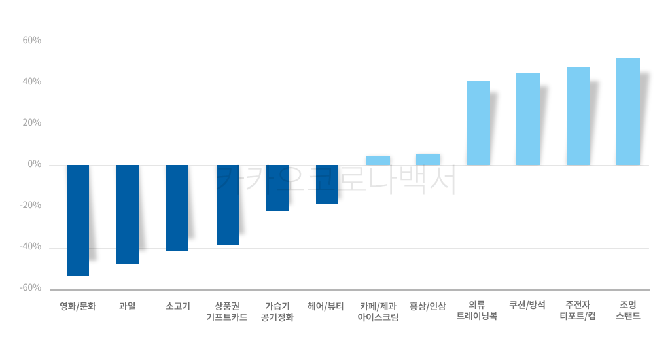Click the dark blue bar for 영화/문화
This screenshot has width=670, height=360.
[x=78, y=220]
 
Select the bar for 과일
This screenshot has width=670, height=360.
[x=128, y=214]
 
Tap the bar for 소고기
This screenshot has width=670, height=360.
[x=177, y=207]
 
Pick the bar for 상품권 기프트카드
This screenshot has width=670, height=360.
[x=228, y=205]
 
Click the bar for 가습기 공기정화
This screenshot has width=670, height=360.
[x=277, y=187]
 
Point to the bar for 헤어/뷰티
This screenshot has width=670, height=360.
[x=327, y=184]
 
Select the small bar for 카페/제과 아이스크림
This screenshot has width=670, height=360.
[x=378, y=160]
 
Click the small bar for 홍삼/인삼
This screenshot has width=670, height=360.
[x=428, y=159]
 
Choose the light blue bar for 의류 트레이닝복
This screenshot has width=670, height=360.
[x=478, y=122]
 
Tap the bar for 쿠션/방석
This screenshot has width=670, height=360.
[x=528, y=118]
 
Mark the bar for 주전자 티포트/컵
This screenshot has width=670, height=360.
[x=578, y=116]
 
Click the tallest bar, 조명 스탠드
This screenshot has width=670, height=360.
[x=628, y=111]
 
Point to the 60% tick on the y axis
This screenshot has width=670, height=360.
[x=32, y=41]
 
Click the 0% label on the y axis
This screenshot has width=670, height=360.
[x=35, y=164]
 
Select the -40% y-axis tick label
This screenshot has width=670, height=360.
[x=31, y=247]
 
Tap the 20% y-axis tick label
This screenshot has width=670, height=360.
[x=32, y=123]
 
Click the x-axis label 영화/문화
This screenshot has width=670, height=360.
[x=78, y=306]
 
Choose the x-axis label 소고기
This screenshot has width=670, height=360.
[x=177, y=306]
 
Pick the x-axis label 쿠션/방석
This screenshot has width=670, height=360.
[x=527, y=306]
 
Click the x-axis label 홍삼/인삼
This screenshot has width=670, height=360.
[x=428, y=306]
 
